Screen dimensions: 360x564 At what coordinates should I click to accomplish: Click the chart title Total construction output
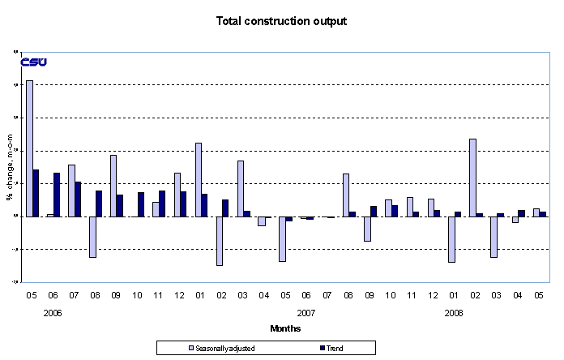click(281, 21)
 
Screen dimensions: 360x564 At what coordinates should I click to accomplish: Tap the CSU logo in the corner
click(33, 62)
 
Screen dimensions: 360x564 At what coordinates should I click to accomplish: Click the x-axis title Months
click(285, 328)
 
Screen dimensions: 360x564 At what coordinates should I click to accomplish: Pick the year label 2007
click(305, 311)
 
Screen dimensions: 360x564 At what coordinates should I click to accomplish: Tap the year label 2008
click(454, 311)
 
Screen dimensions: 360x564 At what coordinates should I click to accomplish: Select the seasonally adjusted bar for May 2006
click(29, 148)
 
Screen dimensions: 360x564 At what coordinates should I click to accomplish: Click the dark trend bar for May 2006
click(36, 193)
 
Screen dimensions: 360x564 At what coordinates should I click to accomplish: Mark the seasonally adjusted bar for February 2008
click(472, 178)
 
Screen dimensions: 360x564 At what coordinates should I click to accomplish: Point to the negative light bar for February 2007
click(219, 241)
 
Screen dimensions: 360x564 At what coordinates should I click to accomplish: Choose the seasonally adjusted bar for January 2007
click(198, 179)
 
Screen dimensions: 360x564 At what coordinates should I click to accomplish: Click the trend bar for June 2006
click(57, 195)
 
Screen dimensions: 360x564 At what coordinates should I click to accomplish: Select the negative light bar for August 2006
click(92, 237)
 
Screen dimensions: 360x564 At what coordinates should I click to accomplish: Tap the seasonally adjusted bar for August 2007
click(346, 195)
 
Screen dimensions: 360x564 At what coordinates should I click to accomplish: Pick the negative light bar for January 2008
click(451, 239)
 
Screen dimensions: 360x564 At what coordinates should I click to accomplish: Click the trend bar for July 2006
click(78, 199)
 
